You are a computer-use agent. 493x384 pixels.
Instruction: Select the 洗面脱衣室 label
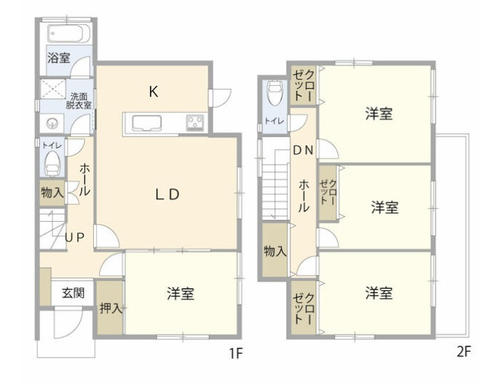(80, 100)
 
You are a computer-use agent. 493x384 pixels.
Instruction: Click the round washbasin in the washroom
(51, 124)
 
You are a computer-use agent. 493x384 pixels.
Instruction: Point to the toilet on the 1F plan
(52, 167)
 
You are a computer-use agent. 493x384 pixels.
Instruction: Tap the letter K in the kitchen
(154, 92)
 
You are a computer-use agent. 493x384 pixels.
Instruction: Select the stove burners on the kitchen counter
(195, 122)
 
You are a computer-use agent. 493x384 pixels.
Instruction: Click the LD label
(167, 194)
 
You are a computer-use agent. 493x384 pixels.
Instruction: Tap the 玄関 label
(73, 293)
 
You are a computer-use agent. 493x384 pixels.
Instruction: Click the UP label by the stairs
(75, 237)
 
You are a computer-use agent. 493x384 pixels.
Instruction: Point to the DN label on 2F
(303, 151)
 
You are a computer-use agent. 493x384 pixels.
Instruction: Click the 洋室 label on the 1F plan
(181, 294)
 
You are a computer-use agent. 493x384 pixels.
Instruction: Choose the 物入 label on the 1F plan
(52, 193)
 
